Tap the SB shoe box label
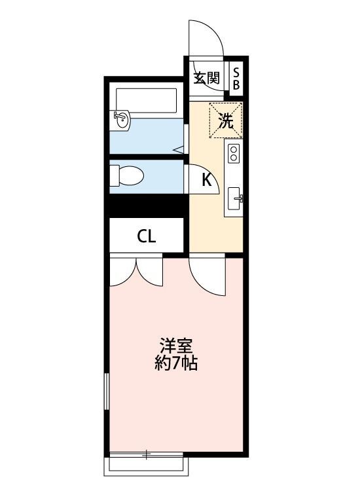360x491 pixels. (236, 78)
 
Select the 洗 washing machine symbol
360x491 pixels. (225, 120)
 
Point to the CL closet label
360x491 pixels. (147, 236)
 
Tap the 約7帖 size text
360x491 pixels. (176, 363)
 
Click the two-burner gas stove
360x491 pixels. (234, 155)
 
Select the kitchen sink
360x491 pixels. (235, 196)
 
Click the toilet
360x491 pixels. (127, 175)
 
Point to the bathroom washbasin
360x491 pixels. (122, 119)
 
